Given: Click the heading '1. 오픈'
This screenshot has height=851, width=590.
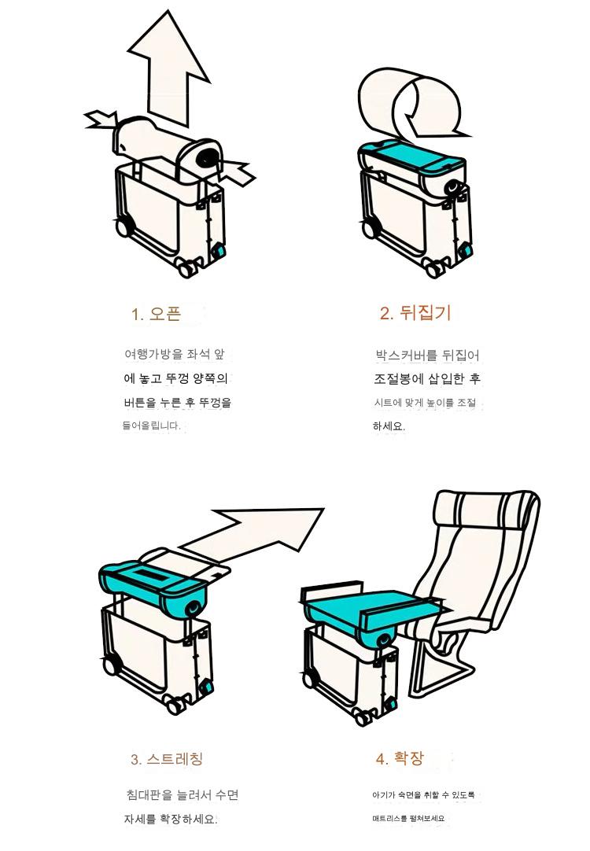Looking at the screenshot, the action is [156, 314].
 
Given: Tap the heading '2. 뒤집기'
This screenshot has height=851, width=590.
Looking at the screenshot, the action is [415, 312].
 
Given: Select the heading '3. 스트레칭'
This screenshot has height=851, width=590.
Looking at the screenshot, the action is [167, 759].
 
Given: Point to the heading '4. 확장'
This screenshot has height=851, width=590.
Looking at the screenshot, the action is [400, 758].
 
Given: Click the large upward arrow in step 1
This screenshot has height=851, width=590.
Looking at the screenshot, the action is [168, 71].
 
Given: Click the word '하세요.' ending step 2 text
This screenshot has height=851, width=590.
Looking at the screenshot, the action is [389, 426].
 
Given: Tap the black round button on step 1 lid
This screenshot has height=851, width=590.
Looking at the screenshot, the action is [207, 157].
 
